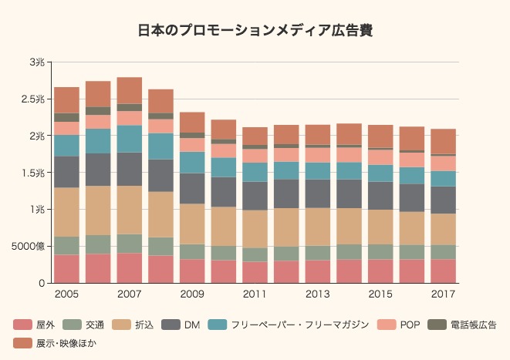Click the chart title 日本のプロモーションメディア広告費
(255, 31)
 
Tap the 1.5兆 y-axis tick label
(33, 173)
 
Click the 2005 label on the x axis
(67, 294)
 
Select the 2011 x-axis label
(255, 294)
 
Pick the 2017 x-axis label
(443, 294)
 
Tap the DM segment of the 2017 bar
(443, 200)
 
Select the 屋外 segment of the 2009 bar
(192, 271)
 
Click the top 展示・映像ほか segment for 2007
(130, 90)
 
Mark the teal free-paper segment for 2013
(318, 170)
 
